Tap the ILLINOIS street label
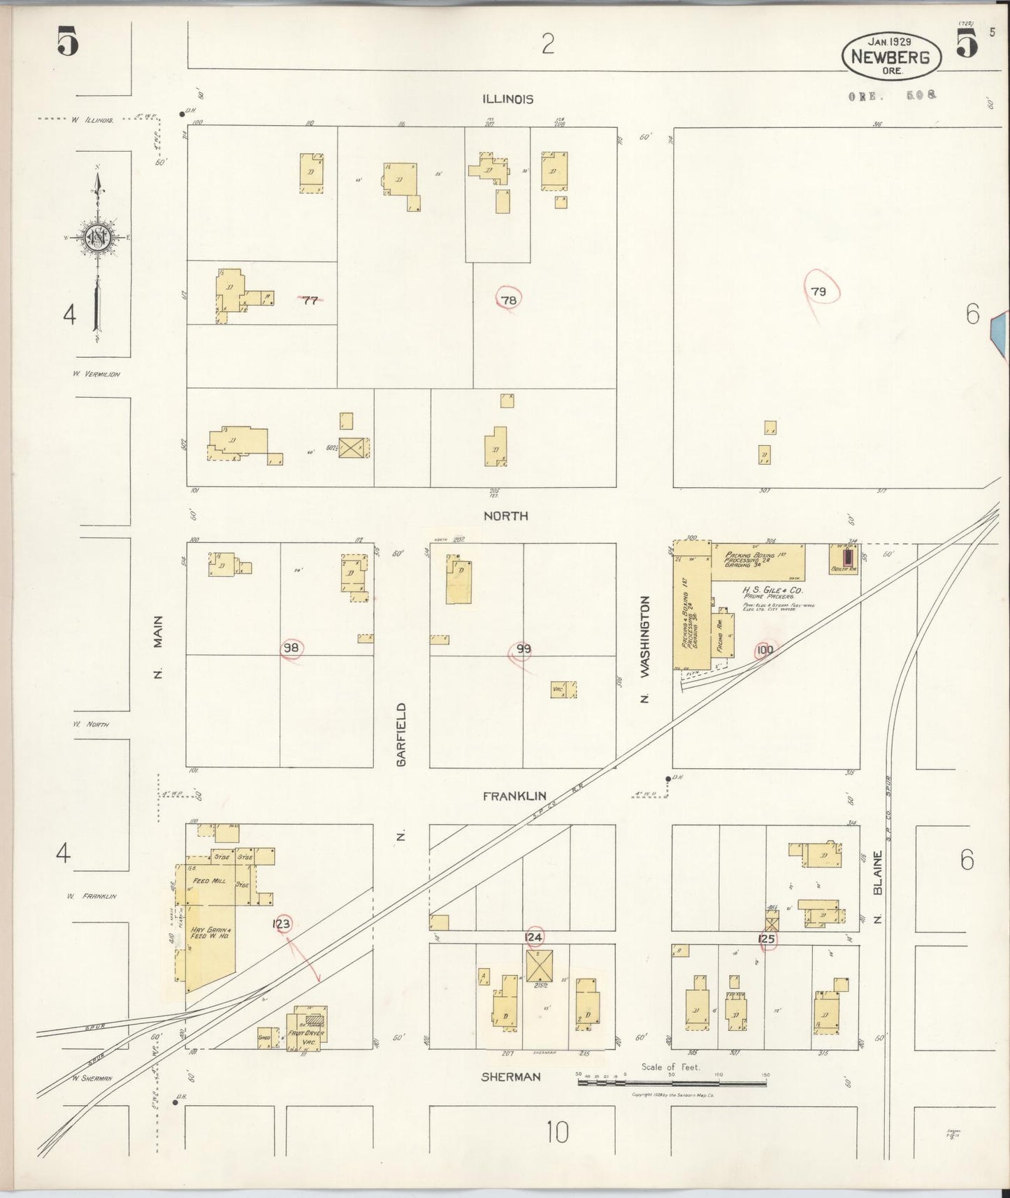tap(508, 99)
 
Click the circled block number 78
tap(508, 300)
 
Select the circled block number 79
tap(818, 291)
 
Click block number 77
tap(310, 301)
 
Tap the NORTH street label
tap(505, 516)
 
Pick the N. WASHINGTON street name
tap(645, 649)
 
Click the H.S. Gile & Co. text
tap(772, 590)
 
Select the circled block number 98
tap(291, 648)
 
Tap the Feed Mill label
tap(208, 881)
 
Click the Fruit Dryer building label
tap(305, 1033)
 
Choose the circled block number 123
tap(282, 923)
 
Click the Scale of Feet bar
tap(671, 1082)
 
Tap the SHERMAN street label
tap(511, 1076)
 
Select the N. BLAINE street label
tap(878, 884)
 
